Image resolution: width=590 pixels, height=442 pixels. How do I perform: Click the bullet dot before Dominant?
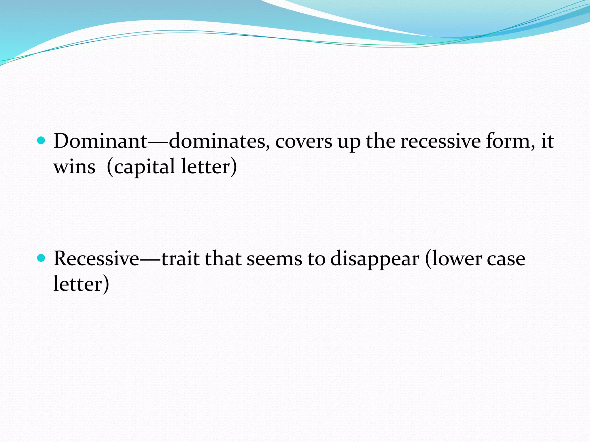pos(41,141)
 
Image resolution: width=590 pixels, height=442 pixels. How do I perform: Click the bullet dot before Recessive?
pos(41,258)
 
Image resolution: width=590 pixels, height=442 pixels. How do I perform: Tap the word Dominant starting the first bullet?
pos(101,141)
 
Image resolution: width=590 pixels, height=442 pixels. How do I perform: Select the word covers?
pos(304,142)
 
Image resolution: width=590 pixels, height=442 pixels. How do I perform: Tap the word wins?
pos(74,167)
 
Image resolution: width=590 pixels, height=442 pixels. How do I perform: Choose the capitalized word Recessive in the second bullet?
pos(97,258)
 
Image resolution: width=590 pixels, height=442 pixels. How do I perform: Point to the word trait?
pos(180,258)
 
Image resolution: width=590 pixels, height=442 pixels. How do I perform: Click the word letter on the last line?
pos(78,284)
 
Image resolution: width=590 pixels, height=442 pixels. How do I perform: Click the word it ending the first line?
pos(547,141)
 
